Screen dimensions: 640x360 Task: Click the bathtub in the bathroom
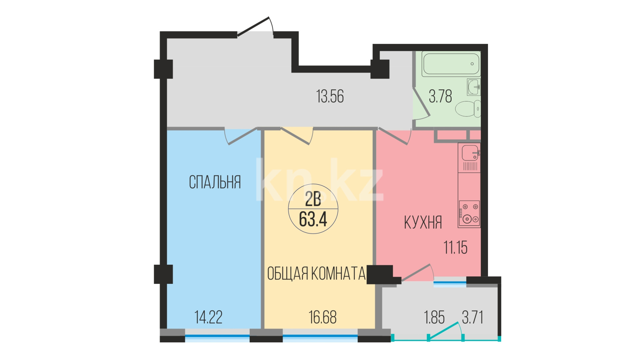451,64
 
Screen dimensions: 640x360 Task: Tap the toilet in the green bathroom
468,109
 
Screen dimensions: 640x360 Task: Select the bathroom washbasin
474,87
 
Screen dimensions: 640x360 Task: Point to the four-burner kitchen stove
469,214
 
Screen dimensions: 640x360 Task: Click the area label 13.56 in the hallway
330,96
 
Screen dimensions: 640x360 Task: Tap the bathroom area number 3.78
440,96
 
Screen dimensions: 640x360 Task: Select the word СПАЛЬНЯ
215,182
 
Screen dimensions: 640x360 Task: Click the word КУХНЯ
423,222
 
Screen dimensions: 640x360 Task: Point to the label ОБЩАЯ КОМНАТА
316,273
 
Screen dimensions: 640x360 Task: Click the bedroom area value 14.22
208,317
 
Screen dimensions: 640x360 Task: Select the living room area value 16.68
323,317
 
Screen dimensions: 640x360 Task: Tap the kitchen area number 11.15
455,248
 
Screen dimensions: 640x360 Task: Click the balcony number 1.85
434,317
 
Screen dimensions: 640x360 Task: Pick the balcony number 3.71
473,317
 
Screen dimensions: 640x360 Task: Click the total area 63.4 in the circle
313,219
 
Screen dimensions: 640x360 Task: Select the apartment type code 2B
313,199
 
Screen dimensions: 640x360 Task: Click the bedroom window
217,336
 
